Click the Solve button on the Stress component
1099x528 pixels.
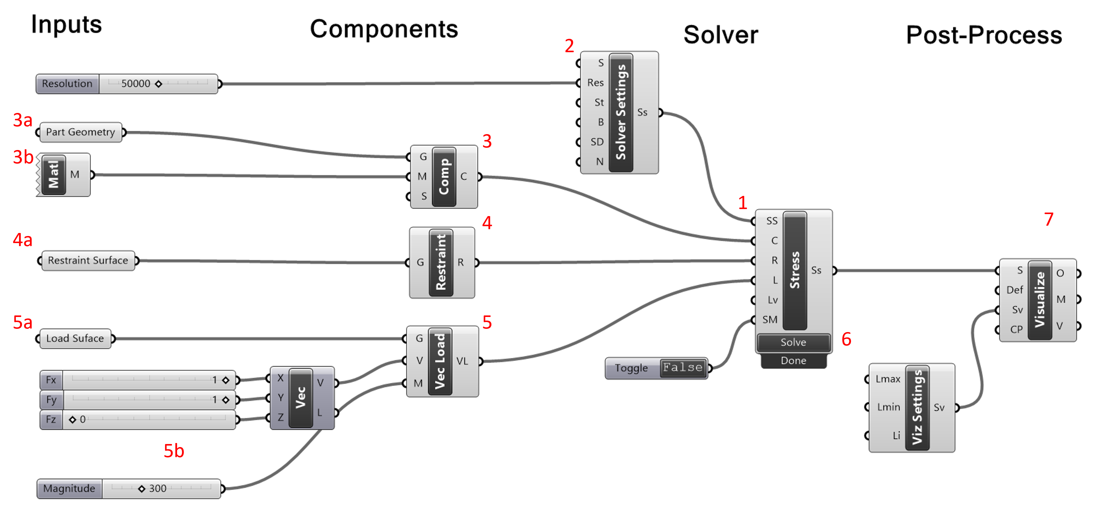coord(793,342)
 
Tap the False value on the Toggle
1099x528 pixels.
coord(683,367)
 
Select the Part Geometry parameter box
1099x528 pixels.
coord(80,132)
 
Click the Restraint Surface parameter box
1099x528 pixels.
coord(88,260)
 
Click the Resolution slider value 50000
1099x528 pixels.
coord(136,84)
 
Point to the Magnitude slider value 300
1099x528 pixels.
coord(157,488)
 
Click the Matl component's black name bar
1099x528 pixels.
coord(53,174)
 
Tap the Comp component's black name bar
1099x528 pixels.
coord(444,177)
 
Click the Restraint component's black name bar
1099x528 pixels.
coord(441,262)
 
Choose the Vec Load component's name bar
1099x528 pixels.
coord(440,361)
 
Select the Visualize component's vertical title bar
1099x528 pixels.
coord(1040,300)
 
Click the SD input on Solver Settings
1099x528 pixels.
coord(597,142)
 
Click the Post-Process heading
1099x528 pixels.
coord(984,35)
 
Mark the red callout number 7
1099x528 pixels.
coord(1049,219)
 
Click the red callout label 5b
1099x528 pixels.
coord(174,451)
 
